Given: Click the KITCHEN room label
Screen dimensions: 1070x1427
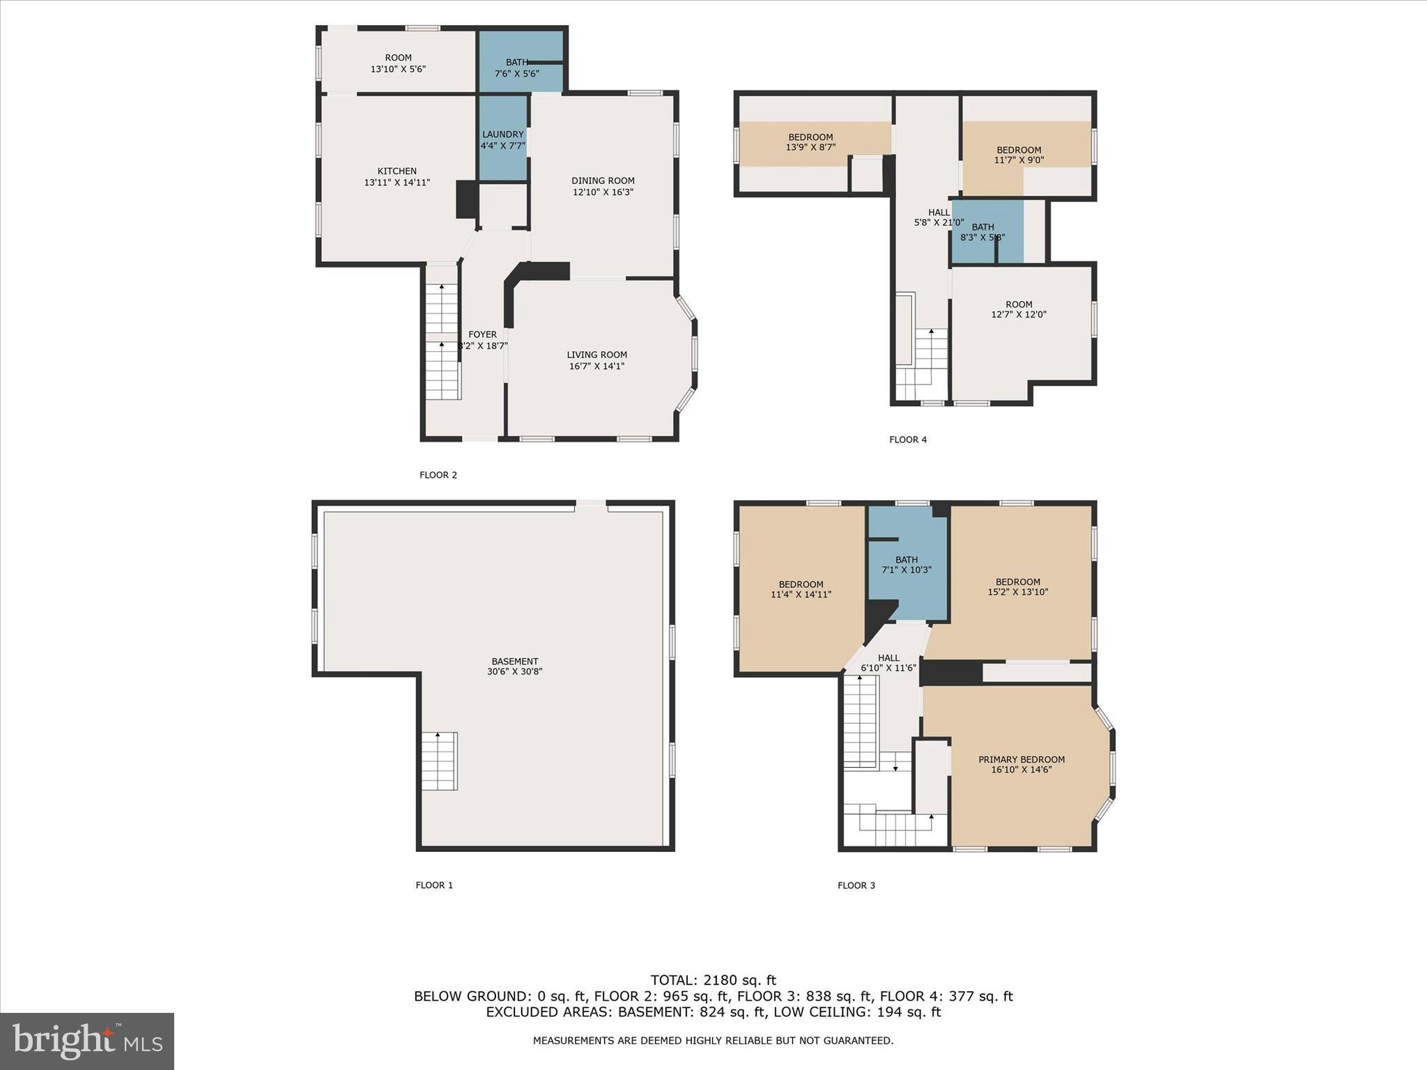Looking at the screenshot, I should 396,171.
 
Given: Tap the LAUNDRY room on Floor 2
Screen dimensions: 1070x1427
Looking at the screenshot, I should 502,139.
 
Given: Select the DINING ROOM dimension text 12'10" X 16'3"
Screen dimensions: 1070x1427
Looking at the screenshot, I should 603,192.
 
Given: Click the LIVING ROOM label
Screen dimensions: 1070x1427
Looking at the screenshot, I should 596,355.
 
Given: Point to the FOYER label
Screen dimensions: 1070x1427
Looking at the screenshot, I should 482,335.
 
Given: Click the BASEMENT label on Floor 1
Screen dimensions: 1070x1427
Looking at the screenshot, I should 514,662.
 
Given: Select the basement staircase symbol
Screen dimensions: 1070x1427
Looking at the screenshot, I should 439,761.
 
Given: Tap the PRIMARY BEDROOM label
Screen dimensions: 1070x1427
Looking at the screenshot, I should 1021,759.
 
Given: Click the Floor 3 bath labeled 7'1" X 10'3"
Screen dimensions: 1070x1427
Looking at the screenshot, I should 906,564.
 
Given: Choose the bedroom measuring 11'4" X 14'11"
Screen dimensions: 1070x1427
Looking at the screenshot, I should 801,589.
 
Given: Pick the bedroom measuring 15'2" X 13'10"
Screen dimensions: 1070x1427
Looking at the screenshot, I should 1017,587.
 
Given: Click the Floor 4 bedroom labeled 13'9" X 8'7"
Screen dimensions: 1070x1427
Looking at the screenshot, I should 810,142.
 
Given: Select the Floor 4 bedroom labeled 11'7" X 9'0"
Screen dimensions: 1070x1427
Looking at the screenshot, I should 1018,155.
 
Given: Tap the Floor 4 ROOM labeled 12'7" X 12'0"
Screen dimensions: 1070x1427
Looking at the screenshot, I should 1018,309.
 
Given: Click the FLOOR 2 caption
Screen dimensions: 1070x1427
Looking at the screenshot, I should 438,475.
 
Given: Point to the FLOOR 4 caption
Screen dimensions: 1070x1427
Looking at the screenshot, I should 907,440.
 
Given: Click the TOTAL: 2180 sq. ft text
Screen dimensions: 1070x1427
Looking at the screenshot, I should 713,980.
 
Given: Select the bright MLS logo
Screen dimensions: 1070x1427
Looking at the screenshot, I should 86,1041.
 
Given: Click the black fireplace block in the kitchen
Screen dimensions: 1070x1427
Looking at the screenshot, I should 465,199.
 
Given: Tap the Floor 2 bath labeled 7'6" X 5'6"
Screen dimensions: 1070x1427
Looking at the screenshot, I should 516,68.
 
